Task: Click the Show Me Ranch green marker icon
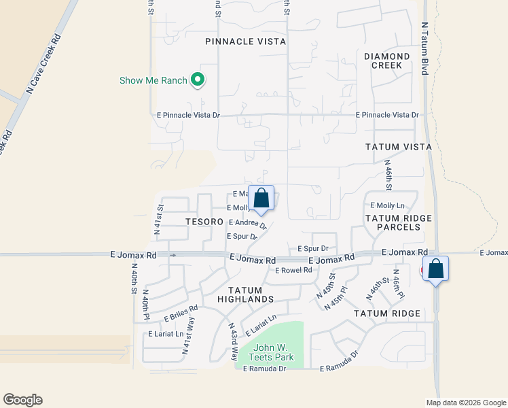[x=198, y=80]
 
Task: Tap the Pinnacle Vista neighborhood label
[x=245, y=41]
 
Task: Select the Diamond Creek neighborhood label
[x=386, y=61]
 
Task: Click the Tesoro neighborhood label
[x=204, y=222]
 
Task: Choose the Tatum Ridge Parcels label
[x=393, y=222]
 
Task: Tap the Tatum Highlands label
[x=245, y=294]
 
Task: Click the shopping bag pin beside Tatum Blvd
[x=435, y=269]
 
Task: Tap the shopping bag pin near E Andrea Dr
[x=261, y=199]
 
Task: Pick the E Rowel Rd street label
[x=293, y=271]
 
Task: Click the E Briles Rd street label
[x=181, y=313]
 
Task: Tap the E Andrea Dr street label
[x=247, y=222]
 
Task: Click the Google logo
[x=22, y=400]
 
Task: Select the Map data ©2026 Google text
[x=465, y=402]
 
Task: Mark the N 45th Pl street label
[x=336, y=297]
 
